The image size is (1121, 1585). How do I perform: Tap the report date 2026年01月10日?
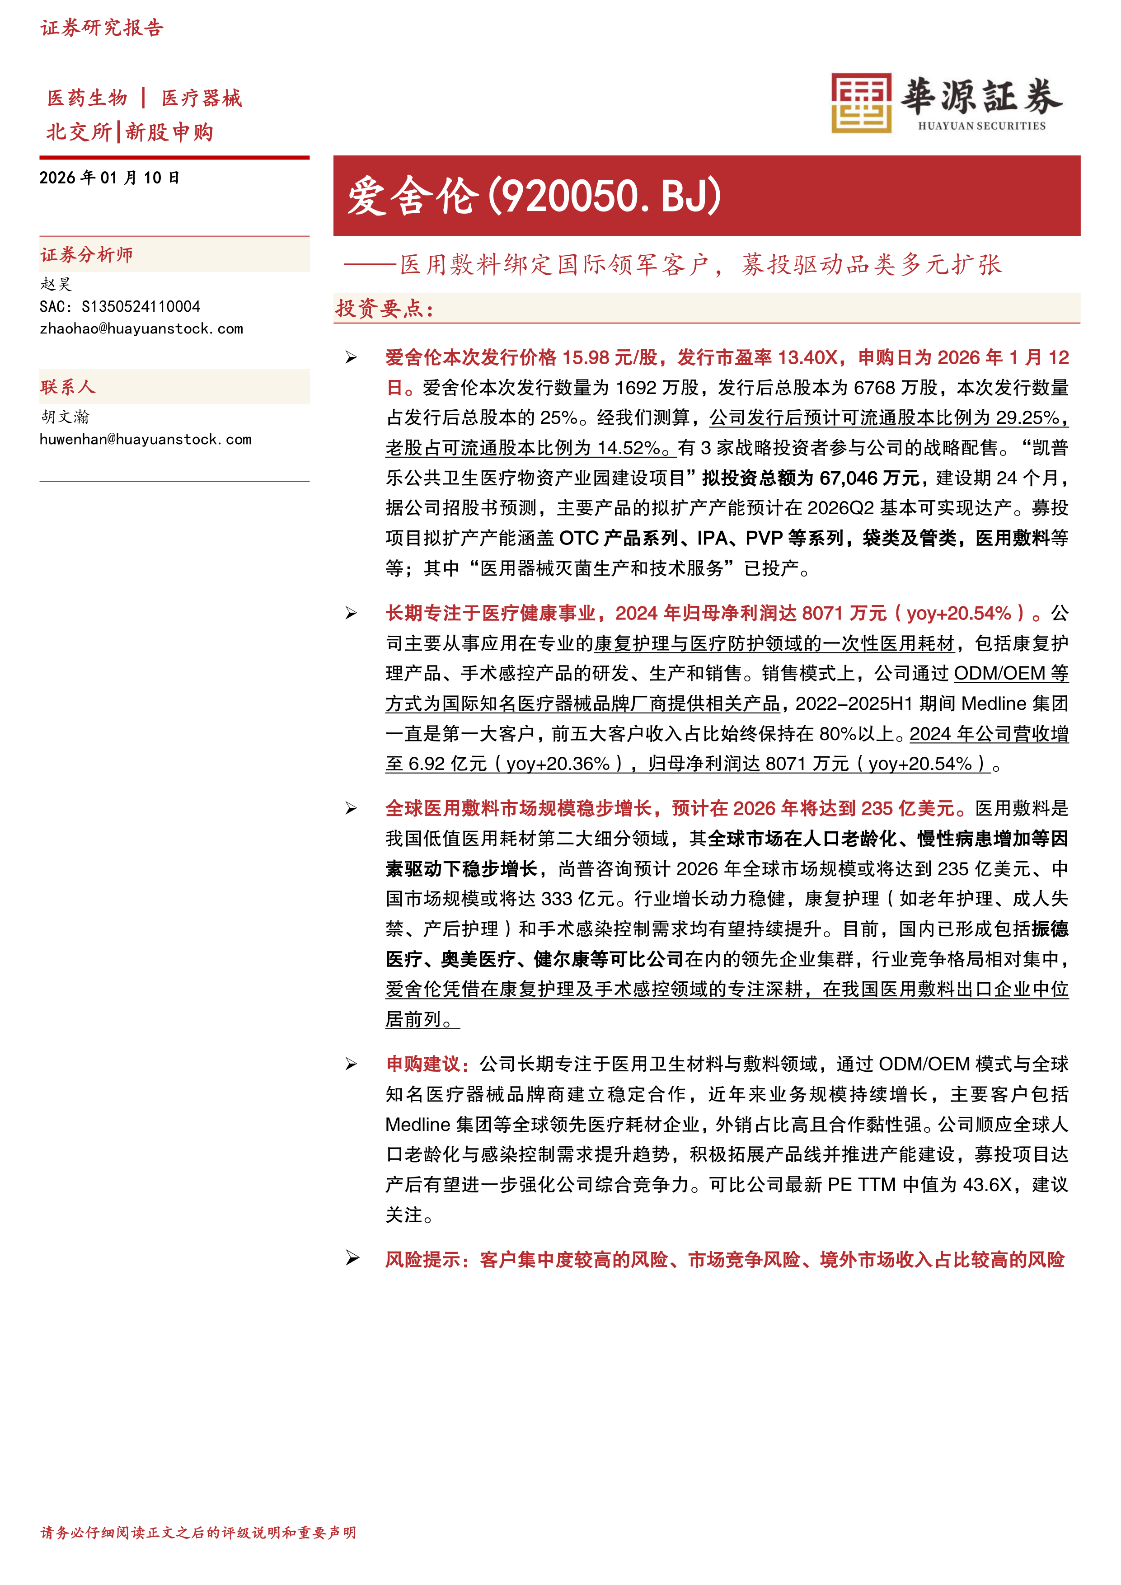(x=109, y=178)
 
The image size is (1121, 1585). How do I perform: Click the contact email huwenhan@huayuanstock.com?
(x=145, y=440)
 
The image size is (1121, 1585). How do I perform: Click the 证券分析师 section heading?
(x=87, y=255)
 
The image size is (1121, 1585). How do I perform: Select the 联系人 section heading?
(x=68, y=387)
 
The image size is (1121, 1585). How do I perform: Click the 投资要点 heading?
(x=384, y=309)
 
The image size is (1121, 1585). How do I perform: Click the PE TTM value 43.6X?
(x=987, y=1185)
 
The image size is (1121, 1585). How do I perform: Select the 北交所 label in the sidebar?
(x=79, y=132)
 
